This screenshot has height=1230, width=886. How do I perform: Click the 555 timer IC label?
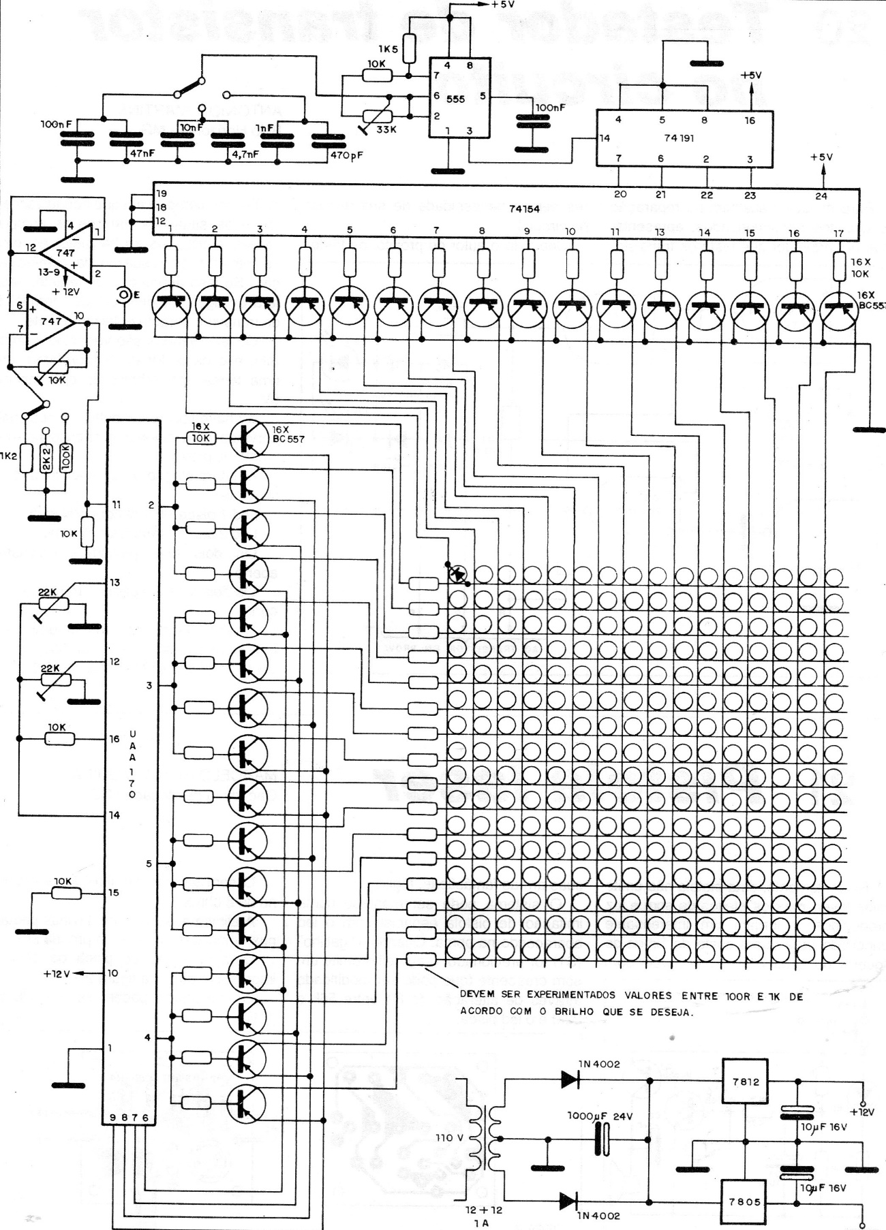[455, 99]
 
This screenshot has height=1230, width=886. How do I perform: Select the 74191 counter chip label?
[679, 137]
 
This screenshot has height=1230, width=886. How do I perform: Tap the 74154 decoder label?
[524, 208]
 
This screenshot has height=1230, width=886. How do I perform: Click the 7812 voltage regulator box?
[746, 1082]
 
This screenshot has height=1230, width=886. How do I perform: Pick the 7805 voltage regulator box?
[744, 1202]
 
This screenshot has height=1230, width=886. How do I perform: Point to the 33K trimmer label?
[386, 129]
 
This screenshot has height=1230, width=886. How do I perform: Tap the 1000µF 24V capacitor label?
[600, 1117]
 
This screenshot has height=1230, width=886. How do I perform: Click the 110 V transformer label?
[449, 1138]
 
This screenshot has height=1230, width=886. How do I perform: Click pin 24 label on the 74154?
[821, 195]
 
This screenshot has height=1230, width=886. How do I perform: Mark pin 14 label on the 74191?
[605, 138]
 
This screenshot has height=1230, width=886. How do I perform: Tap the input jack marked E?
[125, 294]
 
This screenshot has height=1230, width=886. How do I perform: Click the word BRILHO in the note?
[578, 1011]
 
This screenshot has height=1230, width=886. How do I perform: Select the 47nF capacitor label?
[142, 153]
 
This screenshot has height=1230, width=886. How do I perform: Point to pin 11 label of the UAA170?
[117, 505]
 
